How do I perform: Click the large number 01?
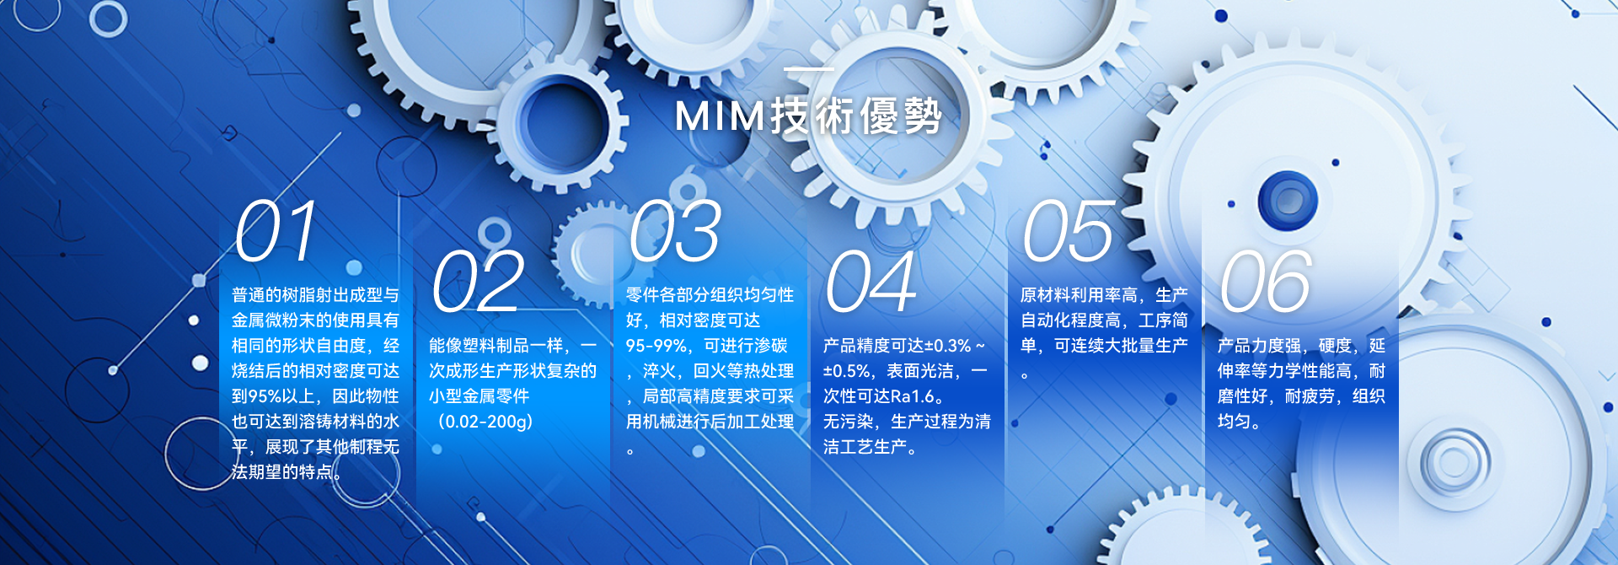pyautogui.click(x=276, y=230)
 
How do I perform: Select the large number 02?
pyautogui.click(x=478, y=281)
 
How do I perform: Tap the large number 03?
pyautogui.click(x=675, y=230)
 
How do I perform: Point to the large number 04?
pyautogui.click(x=871, y=281)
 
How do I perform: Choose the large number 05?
pyautogui.click(x=1069, y=230)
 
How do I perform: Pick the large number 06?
pyautogui.click(x=1266, y=281)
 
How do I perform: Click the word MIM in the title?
pyautogui.click(x=720, y=116)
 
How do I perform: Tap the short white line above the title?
pyautogui.click(x=809, y=68)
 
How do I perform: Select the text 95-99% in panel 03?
pyautogui.click(x=656, y=346)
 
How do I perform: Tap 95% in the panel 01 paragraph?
pyautogui.click(x=265, y=396)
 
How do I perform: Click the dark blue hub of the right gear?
pyautogui.click(x=1287, y=200)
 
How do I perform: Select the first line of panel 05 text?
pyautogui.click(x=1104, y=295)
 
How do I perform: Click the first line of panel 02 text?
pyautogui.click(x=512, y=346)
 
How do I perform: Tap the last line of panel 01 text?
pyautogui.click(x=287, y=472)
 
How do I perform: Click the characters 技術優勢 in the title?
pyautogui.click(x=857, y=116)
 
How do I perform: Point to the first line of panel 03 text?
pyautogui.click(x=710, y=295)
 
